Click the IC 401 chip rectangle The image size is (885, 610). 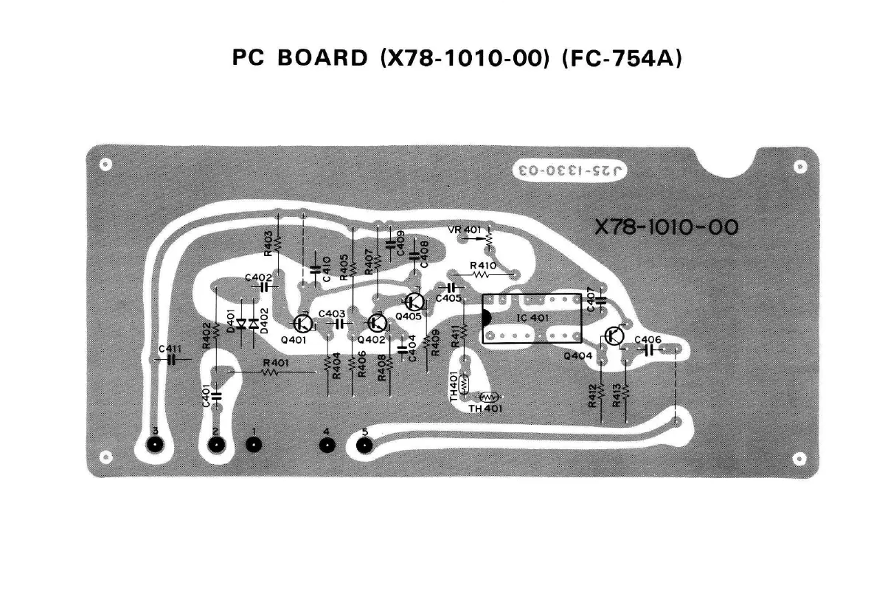click(x=532, y=319)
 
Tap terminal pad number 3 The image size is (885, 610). click(x=155, y=445)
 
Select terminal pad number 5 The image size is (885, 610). click(x=364, y=445)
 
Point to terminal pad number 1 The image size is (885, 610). click(x=254, y=445)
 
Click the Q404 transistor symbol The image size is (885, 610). click(x=614, y=336)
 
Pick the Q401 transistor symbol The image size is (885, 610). click(x=302, y=323)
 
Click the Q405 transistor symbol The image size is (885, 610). click(x=414, y=302)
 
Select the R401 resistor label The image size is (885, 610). click(x=276, y=363)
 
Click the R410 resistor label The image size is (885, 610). click(x=482, y=265)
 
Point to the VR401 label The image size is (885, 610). click(x=465, y=231)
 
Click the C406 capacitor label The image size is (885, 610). click(x=648, y=339)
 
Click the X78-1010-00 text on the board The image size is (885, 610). click(x=666, y=226)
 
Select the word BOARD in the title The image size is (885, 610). click(x=322, y=58)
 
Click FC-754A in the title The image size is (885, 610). click(x=621, y=58)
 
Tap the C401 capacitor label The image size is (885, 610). click(x=206, y=395)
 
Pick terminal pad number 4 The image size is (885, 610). click(x=326, y=445)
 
